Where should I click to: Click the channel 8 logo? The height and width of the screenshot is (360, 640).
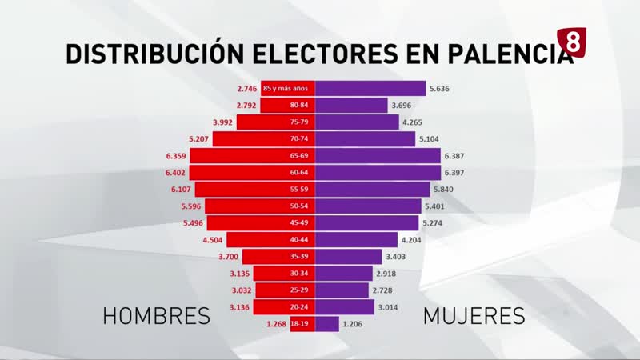coord(573,42)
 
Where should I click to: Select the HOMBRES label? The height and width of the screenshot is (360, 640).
coord(157,316)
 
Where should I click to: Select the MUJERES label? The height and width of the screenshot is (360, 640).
coord(474,316)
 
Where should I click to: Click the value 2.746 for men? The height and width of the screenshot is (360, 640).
coord(249,88)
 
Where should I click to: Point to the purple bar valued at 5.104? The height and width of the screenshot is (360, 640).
coord(364,138)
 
